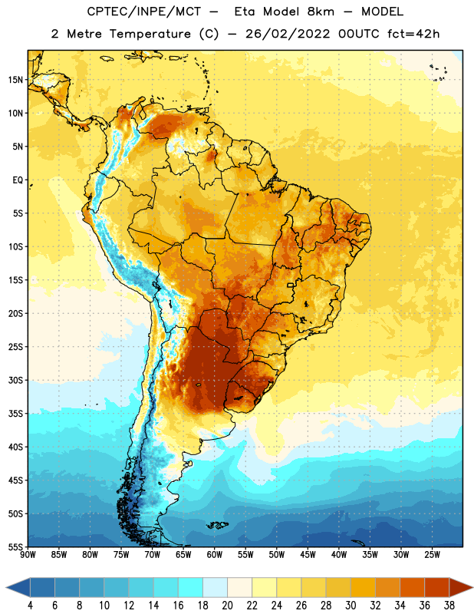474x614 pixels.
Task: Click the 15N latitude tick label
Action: point(15,80)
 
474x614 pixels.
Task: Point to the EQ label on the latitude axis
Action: point(18,180)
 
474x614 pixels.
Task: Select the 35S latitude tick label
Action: point(15,414)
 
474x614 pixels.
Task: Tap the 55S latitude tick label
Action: point(15,547)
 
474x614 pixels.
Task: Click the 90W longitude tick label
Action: point(28,555)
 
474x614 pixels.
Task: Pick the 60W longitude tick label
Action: point(215,555)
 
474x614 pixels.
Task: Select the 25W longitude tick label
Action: point(432,555)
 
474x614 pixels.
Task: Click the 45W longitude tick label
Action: point(308,555)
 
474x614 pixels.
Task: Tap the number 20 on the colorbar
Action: point(227,606)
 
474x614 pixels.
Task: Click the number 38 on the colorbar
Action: point(449,606)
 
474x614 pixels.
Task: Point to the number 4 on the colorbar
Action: point(30,606)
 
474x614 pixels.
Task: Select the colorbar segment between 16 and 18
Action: point(190,587)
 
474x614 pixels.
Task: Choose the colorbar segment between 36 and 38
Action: point(437,587)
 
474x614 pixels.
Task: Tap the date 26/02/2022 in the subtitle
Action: point(288,34)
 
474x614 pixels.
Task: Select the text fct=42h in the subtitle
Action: point(413,34)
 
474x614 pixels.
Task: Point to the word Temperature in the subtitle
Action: point(150,34)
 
